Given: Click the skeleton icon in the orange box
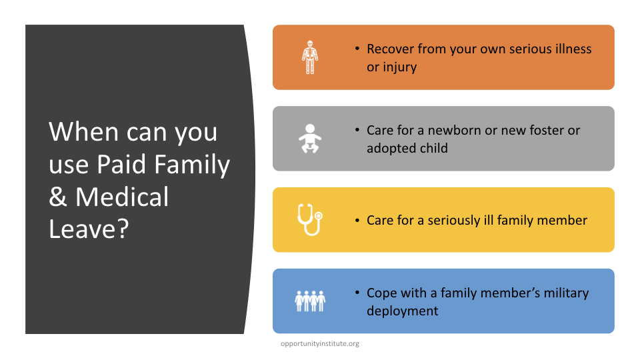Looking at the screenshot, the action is pos(310,57).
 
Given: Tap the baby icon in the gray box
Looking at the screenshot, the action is pos(310,139).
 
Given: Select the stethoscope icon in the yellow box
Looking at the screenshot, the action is pos(310,219).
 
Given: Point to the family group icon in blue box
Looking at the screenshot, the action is pos(310,301).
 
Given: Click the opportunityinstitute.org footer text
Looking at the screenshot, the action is pos(320,344).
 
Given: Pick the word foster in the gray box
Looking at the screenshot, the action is pos(546,130).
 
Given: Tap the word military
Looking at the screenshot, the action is pos(566,293).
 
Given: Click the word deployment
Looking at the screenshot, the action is pos(403,311).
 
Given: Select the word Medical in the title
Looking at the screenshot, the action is pos(122,197).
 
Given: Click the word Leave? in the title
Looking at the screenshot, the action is pos(89,229).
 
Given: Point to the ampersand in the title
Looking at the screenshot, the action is pos(58,197).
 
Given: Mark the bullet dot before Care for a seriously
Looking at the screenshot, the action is pos(357,221).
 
